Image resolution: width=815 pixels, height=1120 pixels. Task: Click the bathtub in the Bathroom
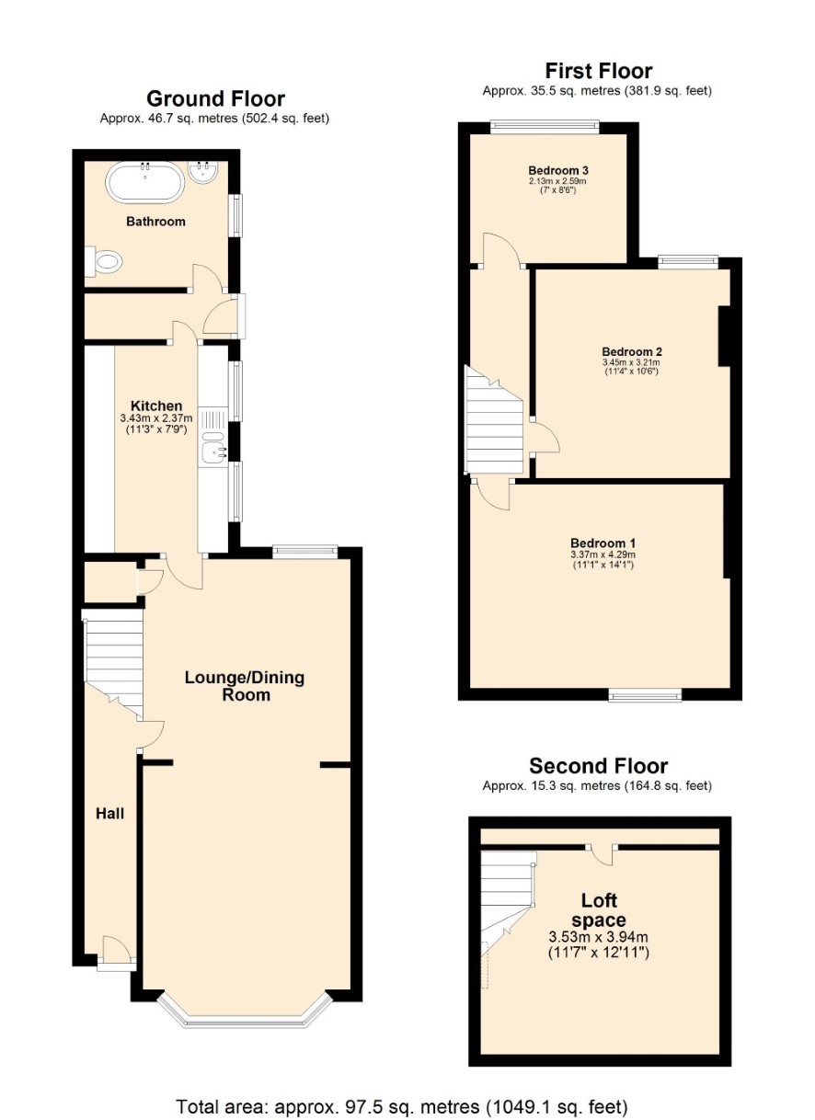pos(144,182)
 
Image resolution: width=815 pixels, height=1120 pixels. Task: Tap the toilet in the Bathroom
pos(104,261)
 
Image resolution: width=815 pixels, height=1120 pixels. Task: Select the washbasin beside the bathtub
pos(203,172)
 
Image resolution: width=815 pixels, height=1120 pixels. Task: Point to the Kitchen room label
pos(156,406)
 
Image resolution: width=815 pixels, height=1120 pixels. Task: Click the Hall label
pos(110,814)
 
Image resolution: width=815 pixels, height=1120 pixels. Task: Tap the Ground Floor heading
pos(215,98)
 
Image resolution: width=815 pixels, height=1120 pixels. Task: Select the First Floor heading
pos(598,71)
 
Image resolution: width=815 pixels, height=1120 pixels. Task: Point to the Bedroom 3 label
pos(557,170)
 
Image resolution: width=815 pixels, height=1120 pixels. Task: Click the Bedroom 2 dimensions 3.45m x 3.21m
pos(631,362)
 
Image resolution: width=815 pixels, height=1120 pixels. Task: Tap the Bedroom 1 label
pos(603,543)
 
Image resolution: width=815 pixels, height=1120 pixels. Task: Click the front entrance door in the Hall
pos(116,954)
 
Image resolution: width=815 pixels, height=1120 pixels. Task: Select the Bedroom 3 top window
pos(545,127)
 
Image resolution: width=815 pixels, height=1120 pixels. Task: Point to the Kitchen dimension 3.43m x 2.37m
pos(156,418)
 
